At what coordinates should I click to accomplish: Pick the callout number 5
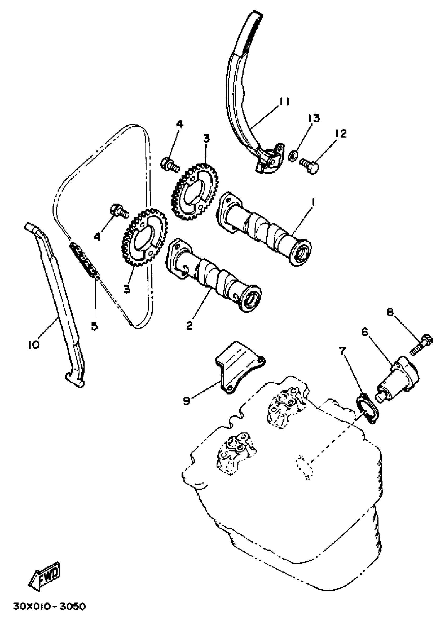click(94, 326)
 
